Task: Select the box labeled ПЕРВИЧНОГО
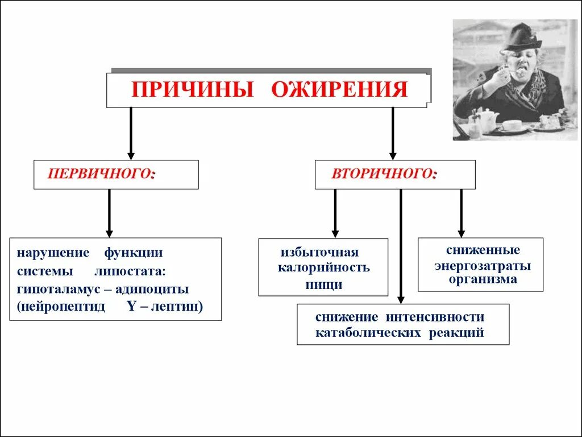pyautogui.click(x=116, y=174)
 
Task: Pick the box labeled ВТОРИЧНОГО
pyautogui.click(x=395, y=174)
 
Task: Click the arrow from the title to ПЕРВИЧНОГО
pyautogui.click(x=131, y=134)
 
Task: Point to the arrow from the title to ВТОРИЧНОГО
pyautogui.click(x=392, y=134)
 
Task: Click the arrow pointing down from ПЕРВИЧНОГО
pyautogui.click(x=109, y=213)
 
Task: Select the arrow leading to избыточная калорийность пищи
pyautogui.click(x=335, y=213)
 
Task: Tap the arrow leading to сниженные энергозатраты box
pyautogui.click(x=461, y=213)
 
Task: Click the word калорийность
pyautogui.click(x=323, y=268)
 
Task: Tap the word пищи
pyautogui.click(x=323, y=285)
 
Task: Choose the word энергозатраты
pyautogui.click(x=483, y=266)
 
